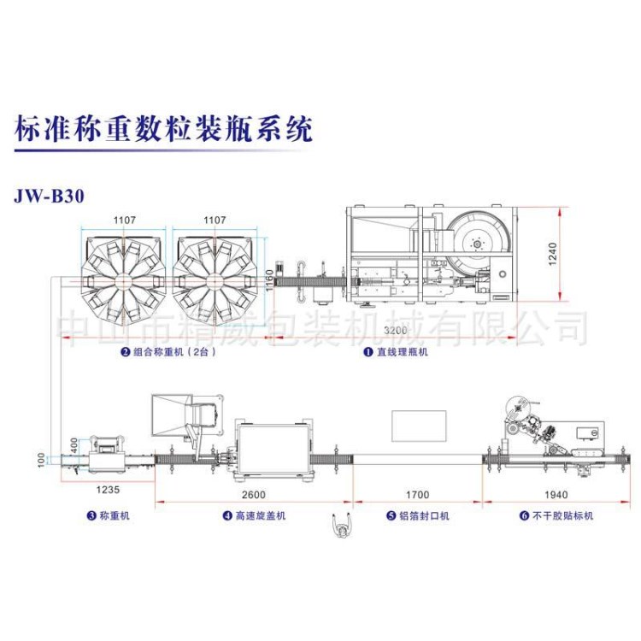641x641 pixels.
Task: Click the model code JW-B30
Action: [50, 195]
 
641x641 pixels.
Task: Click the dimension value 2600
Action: [252, 494]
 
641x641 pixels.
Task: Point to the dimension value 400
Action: [74, 446]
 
